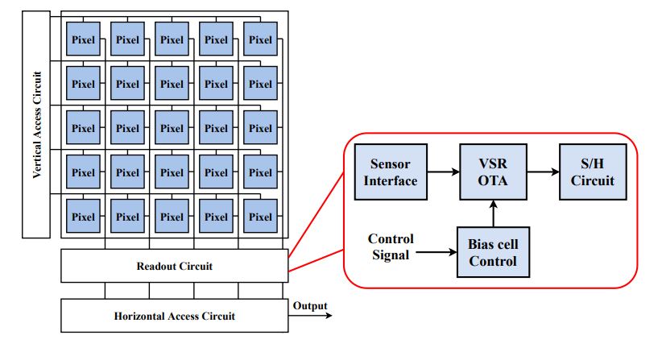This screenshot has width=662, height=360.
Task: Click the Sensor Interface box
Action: [x=391, y=172]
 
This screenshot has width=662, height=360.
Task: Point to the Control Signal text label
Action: [x=391, y=246]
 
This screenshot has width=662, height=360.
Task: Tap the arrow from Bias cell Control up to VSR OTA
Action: [x=492, y=213]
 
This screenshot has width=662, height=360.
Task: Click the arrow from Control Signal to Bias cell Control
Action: [x=435, y=254]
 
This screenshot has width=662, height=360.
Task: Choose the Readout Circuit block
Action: [x=173, y=265]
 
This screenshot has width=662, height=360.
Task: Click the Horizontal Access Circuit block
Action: [x=173, y=316]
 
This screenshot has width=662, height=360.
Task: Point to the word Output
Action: [x=310, y=306]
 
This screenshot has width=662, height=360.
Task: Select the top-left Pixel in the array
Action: [x=83, y=39]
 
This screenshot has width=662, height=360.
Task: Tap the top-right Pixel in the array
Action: [x=260, y=39]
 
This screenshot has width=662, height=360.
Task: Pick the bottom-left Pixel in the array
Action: [x=83, y=217]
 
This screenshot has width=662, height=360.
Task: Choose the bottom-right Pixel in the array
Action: [x=260, y=217]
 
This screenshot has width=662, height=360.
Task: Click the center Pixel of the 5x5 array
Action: [x=172, y=128]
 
